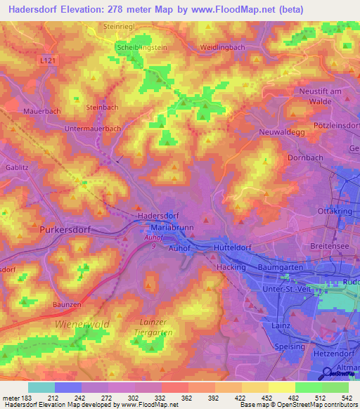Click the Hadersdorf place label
tap(158, 216)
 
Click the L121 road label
tap(49, 61)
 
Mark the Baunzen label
tap(67, 304)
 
